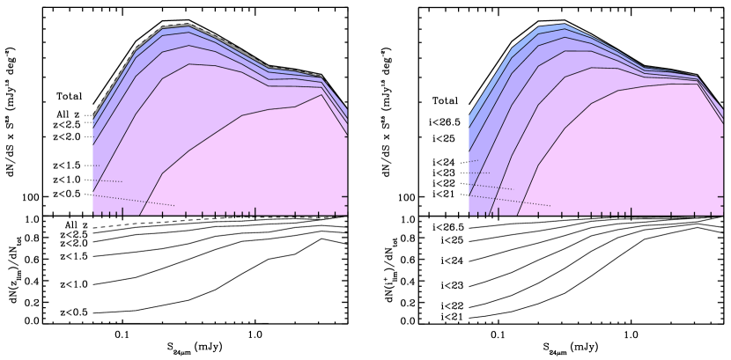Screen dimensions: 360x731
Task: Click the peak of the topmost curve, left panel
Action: point(188,25)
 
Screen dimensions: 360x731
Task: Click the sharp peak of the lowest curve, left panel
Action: point(321,94)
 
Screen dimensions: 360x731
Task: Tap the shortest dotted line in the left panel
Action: point(96,165)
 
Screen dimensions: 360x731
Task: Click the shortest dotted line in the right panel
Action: point(473,161)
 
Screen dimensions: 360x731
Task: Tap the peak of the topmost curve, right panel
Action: point(564,25)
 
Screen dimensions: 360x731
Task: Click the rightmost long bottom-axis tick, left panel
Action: point(255,211)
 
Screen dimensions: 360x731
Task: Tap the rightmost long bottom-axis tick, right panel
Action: point(631,211)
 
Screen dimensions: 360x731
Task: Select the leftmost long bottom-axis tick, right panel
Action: point(498,211)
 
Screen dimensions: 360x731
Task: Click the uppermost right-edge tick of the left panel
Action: point(344,136)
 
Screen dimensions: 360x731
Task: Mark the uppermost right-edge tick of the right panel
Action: point(720,136)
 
